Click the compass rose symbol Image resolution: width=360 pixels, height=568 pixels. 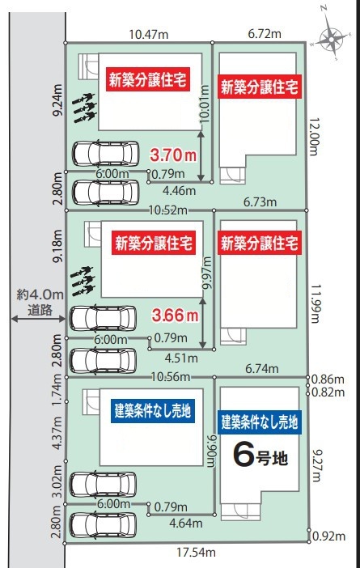pyautogui.click(x=331, y=38)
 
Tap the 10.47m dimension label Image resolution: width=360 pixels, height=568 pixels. pyautogui.click(x=149, y=35)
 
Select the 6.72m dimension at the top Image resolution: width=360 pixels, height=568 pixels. pyautogui.click(x=265, y=34)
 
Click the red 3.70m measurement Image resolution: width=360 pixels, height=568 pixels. pyautogui.click(x=173, y=155)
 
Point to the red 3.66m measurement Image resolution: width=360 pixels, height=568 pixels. pyautogui.click(x=176, y=316)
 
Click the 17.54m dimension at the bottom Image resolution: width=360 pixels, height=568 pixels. pyautogui.click(x=197, y=553)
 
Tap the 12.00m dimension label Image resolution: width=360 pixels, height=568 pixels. pyautogui.click(x=314, y=137)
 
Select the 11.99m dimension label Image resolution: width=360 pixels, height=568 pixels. pyautogui.click(x=314, y=303)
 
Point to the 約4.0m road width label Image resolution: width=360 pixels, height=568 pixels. pyautogui.click(x=40, y=295)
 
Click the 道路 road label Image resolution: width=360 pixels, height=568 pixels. pyautogui.click(x=40, y=310)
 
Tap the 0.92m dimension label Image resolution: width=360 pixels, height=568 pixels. pyautogui.click(x=328, y=536)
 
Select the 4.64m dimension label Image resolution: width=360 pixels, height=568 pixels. pyautogui.click(x=186, y=523)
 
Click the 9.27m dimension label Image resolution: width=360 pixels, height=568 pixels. pyautogui.click(x=316, y=465)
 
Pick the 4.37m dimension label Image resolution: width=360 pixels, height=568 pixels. pyautogui.click(x=57, y=433)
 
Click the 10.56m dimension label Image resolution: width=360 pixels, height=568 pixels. pyautogui.click(x=171, y=377)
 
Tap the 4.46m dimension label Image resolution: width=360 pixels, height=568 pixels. pyautogui.click(x=180, y=190)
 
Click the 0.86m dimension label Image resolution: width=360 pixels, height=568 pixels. pyautogui.click(x=328, y=379)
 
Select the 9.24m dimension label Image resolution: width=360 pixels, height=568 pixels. pyautogui.click(x=58, y=100)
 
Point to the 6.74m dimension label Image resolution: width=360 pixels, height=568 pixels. pyautogui.click(x=262, y=369)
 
